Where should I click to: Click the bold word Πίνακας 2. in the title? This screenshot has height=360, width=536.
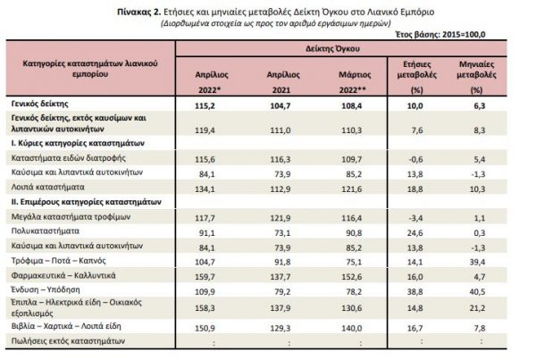[138, 12]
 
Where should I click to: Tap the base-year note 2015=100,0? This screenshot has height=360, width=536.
[464, 35]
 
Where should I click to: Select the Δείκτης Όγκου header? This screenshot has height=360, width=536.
[332, 49]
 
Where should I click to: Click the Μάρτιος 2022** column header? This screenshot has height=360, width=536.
[355, 82]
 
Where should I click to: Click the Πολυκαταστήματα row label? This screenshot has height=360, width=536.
[46, 231]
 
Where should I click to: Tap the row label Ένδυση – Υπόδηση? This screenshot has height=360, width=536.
[46, 289]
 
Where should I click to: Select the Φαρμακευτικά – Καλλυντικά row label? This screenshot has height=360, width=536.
[63, 275]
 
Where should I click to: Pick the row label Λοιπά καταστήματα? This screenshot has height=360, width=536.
[47, 187]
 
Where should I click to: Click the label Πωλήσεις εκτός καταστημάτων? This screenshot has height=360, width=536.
[68, 341]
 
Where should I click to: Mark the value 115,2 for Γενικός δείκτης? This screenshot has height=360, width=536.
[205, 106]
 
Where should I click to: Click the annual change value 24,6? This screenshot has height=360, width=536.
[415, 233]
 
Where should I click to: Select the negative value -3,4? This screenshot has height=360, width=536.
[415, 218]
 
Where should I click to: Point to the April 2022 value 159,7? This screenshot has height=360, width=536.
[205, 277]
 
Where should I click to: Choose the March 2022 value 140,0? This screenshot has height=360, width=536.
[352, 328]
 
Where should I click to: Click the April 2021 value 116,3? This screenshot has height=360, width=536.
[281, 159]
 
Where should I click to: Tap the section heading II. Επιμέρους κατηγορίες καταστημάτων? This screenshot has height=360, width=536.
[86, 202]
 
